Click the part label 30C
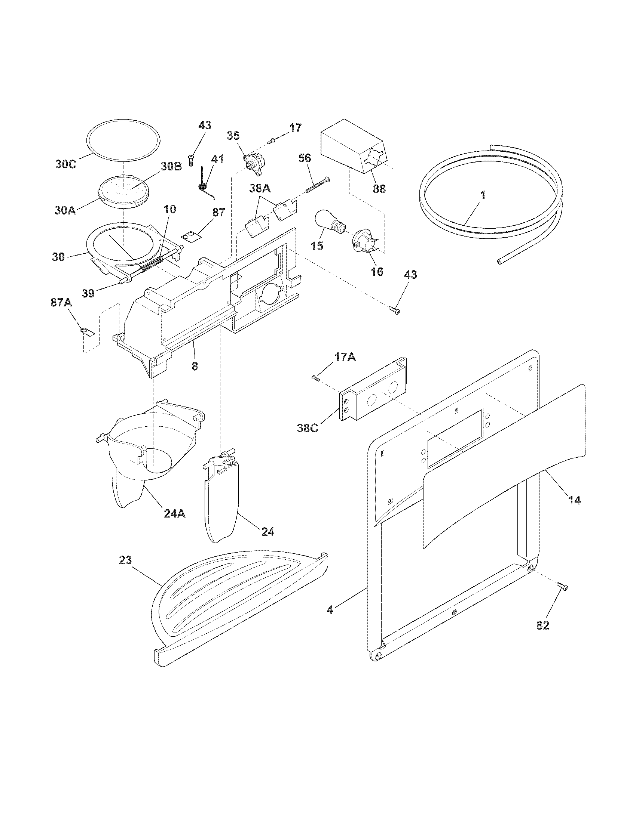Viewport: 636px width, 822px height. (x=66, y=164)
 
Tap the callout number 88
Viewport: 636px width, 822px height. (x=379, y=189)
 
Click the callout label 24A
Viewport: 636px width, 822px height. (x=174, y=513)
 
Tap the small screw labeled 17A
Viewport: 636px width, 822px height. (x=316, y=378)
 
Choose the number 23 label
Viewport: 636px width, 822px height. (x=125, y=571)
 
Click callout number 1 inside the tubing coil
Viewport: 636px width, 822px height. (x=483, y=195)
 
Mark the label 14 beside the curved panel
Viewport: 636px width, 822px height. (x=574, y=500)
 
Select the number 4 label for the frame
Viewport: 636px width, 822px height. (x=330, y=610)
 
